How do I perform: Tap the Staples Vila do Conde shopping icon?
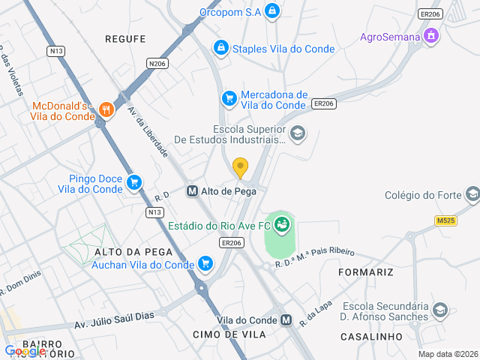(221, 49)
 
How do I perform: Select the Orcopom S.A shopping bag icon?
(272, 11)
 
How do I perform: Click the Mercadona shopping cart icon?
(229, 98)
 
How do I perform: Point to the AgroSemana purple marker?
(430, 36)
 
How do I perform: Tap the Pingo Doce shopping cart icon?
(134, 182)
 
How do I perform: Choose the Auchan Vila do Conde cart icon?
(205, 263)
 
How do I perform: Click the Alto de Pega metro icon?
(192, 191)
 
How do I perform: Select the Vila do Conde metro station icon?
(286, 320)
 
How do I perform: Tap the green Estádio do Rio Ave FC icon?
(282, 223)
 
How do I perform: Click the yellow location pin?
(240, 167)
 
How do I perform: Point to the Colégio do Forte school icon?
(472, 196)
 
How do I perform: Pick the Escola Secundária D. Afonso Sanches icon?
(440, 310)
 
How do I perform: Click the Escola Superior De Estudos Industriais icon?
(298, 133)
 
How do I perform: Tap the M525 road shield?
(445, 220)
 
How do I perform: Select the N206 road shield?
(157, 64)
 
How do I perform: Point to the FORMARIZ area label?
(366, 271)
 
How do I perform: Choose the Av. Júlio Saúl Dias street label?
(114, 319)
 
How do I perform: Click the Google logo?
(24, 351)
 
